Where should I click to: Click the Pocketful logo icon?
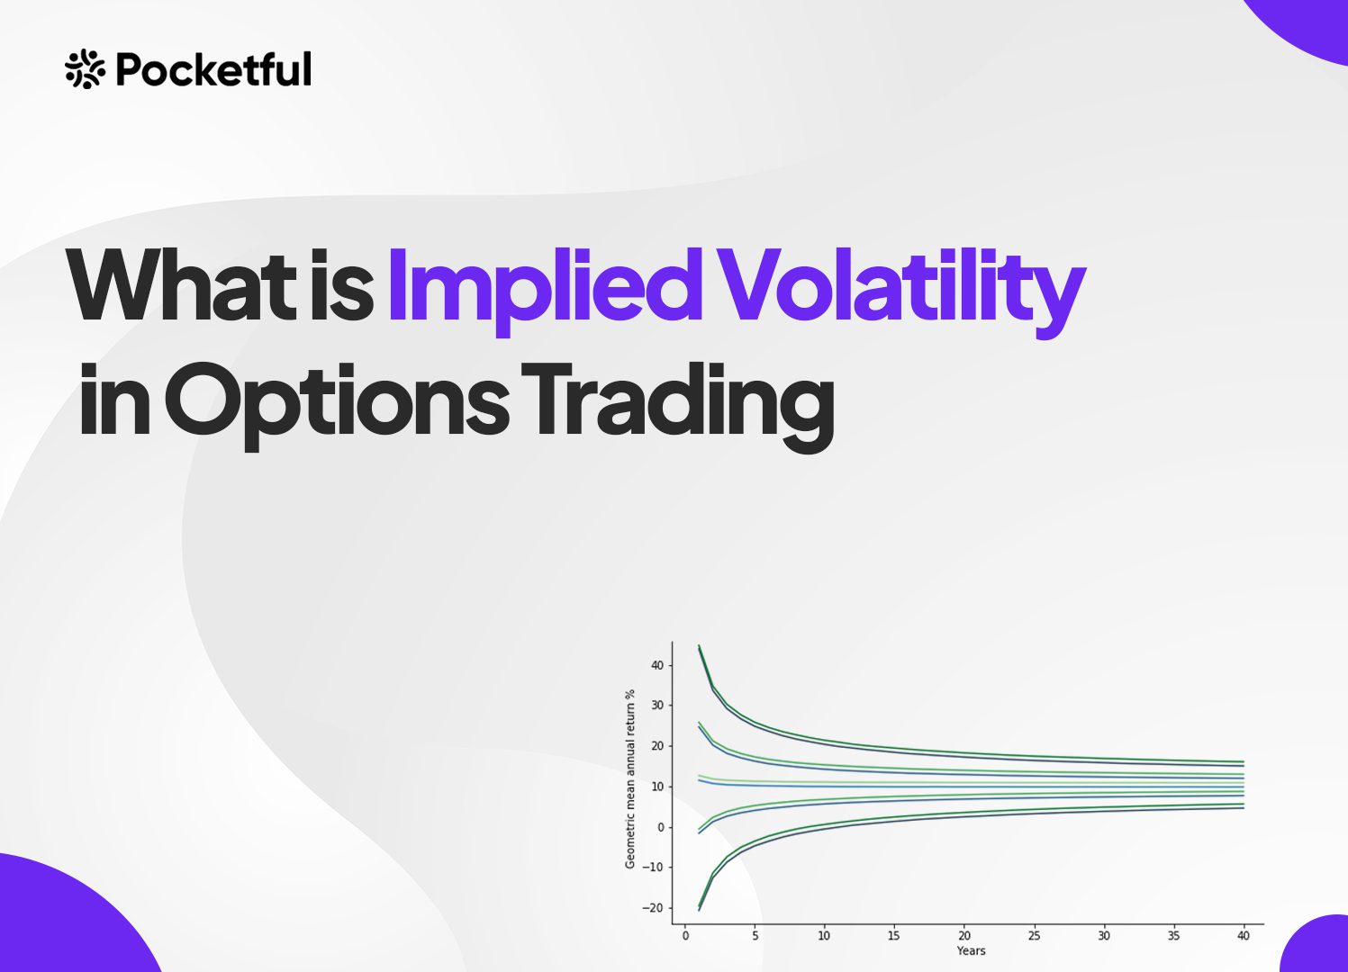(x=85, y=68)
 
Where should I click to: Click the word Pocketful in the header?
(x=213, y=68)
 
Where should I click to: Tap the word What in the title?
(x=181, y=285)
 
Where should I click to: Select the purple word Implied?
(x=545, y=292)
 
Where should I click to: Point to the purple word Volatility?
(x=903, y=292)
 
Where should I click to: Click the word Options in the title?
(x=337, y=406)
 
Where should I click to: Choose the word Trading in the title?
(x=678, y=407)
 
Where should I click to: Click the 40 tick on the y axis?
(x=656, y=665)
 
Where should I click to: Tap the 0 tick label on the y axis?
(x=660, y=827)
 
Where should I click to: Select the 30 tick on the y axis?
(x=656, y=705)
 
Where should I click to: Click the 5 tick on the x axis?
(x=755, y=935)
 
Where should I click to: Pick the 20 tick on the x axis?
(x=964, y=935)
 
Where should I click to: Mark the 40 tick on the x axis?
(x=1244, y=935)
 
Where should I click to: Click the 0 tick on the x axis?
(x=685, y=935)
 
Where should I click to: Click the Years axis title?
(x=971, y=951)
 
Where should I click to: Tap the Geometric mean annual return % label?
(x=630, y=778)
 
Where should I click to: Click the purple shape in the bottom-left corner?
(x=67, y=921)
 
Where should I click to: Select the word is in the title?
(x=340, y=285)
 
